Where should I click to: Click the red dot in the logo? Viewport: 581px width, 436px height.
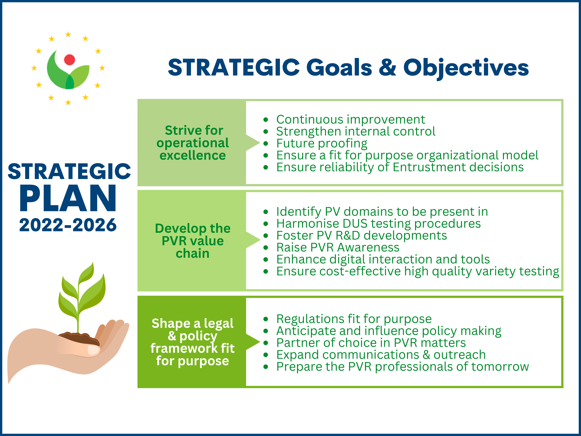coord(70,60)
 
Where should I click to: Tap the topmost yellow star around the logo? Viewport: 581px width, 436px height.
coord(68,34)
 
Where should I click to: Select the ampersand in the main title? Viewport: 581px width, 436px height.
coord(387,68)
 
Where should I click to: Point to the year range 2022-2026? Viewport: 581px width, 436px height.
coord(68,225)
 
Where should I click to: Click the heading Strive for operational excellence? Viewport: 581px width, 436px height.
coord(193,143)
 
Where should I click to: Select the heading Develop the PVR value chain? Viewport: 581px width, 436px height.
coord(193,241)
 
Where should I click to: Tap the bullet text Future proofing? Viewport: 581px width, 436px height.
coord(322,143)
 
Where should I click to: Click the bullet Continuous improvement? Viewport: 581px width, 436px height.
coord(351,120)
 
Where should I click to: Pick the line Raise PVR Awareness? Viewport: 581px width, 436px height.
coord(338,247)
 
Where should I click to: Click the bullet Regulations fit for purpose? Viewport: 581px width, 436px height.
coord(354,319)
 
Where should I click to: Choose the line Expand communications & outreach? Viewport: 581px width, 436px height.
coord(381,355)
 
